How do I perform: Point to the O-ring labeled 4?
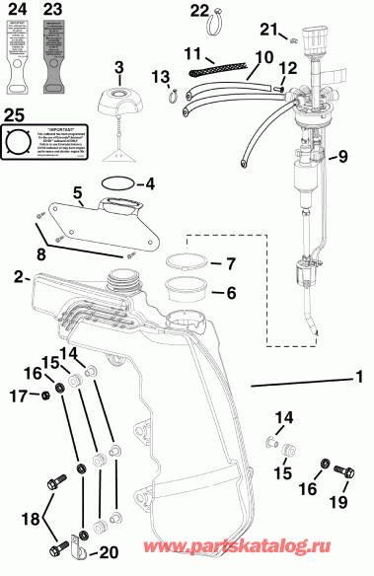pos(116,183)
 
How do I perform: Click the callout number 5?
pos(76,191)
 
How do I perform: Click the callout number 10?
pos(262,59)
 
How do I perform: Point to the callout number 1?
pos(360,376)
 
